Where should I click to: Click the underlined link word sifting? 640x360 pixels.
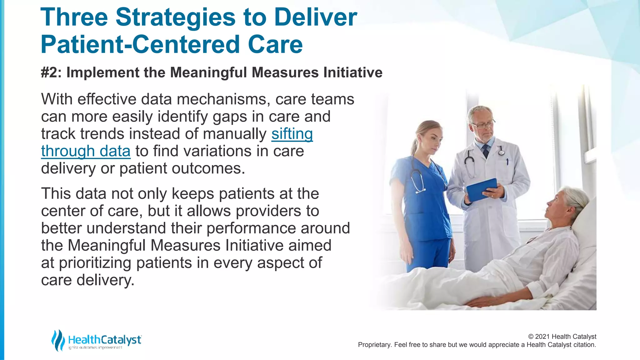tap(292, 134)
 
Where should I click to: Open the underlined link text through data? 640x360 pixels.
tap(86, 151)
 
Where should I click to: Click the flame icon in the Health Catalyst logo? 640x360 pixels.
tap(58, 340)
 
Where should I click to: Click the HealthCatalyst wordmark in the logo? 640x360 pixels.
tap(105, 340)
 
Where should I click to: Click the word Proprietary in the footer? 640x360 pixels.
tap(374, 345)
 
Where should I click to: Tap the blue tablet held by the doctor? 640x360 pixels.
tap(481, 189)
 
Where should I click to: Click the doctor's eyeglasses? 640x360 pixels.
tap(483, 125)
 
